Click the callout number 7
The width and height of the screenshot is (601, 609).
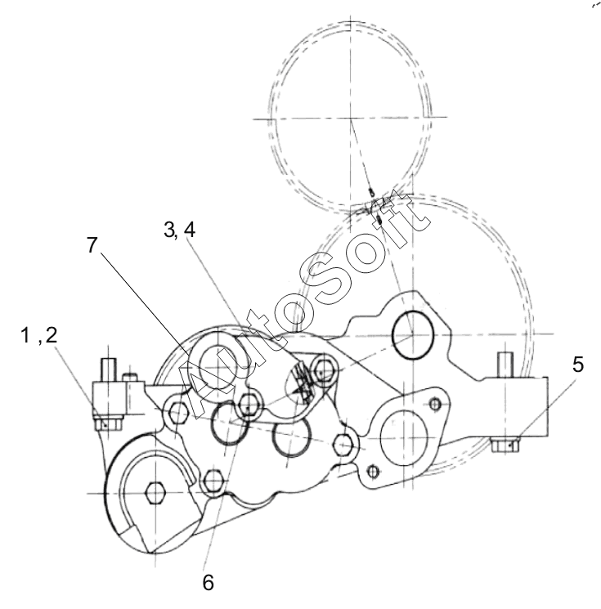click(x=92, y=245)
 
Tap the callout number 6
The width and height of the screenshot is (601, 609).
click(x=209, y=583)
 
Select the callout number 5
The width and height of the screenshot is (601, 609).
click(x=578, y=365)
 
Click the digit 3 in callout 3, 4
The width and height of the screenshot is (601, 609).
click(x=169, y=230)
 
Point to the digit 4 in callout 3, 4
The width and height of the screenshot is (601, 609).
click(x=190, y=230)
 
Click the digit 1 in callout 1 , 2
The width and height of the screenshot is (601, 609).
click(x=25, y=335)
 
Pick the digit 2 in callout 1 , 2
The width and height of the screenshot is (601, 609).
click(x=52, y=335)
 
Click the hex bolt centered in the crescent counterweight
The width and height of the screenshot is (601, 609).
click(x=155, y=493)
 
